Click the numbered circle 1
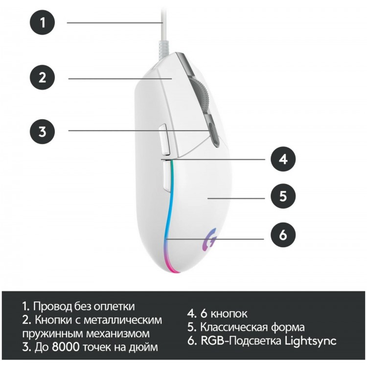(x=43, y=23)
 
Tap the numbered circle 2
(x=43, y=77)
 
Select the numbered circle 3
(x=43, y=132)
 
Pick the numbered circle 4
(x=283, y=159)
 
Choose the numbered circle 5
(x=283, y=196)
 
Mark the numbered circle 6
(x=283, y=235)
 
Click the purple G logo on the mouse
(x=209, y=240)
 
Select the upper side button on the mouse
(x=164, y=140)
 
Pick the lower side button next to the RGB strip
(x=166, y=177)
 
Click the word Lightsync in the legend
(x=310, y=341)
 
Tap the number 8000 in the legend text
(x=66, y=347)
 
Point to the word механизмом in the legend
(x=117, y=334)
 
